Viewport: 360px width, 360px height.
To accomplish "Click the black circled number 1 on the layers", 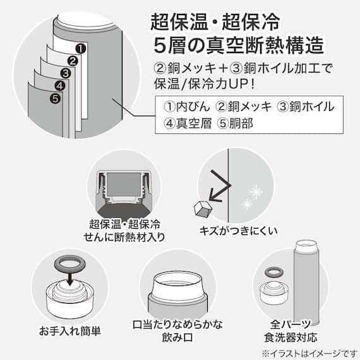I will pyautogui.click(x=80, y=47).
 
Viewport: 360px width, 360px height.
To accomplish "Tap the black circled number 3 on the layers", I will pyautogui.click(x=64, y=74).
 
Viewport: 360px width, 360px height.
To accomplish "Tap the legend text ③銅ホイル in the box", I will pyautogui.click(x=306, y=106).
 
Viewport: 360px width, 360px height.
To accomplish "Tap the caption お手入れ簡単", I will pyautogui.click(x=69, y=330).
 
